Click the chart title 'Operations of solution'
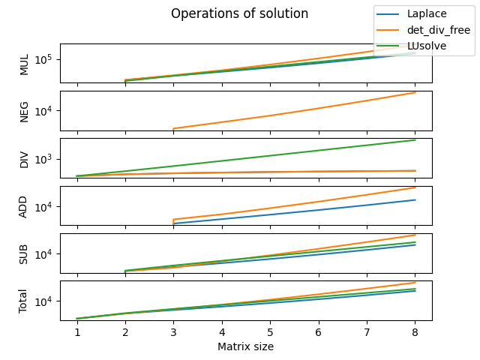tap(239, 13)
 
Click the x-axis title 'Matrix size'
tap(245, 346)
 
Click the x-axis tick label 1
tap(76, 331)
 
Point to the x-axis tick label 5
tap(270, 331)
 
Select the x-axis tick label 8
tap(415, 331)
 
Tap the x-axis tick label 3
tap(173, 331)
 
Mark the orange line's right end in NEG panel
tap(415, 92)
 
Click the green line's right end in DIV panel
tap(415, 140)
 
